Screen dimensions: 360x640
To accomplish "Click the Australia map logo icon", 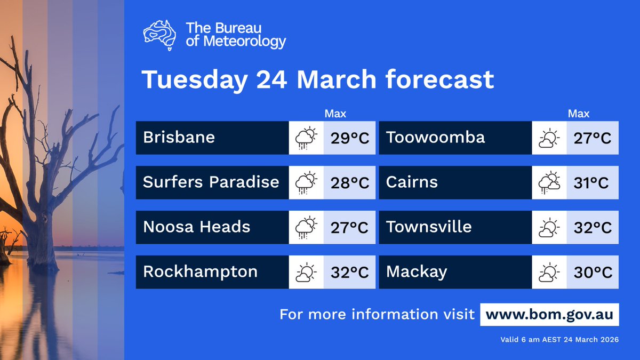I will click(160, 34).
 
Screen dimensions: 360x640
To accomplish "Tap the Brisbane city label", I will click(179, 138).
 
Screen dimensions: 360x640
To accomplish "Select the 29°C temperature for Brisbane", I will click(350, 138).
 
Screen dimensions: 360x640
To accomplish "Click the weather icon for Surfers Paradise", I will click(306, 182).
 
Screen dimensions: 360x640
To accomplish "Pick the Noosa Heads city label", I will click(196, 227).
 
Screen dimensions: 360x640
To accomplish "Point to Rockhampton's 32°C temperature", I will click(350, 272).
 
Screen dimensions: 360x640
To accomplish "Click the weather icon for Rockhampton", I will click(306, 272).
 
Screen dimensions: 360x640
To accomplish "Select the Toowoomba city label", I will click(435, 138).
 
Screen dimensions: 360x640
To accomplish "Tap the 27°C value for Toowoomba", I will click(593, 138).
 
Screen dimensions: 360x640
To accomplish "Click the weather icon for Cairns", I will click(549, 182).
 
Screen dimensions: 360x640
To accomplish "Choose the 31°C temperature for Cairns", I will click(593, 183).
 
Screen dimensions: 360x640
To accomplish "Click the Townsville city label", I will click(429, 227).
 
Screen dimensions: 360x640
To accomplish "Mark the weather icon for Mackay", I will click(549, 272).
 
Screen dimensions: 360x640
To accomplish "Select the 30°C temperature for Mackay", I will click(593, 272).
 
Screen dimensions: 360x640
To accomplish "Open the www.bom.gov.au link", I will click(549, 314).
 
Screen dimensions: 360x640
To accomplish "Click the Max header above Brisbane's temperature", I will click(335, 114).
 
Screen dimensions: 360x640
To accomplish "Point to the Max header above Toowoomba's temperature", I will click(579, 114).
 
